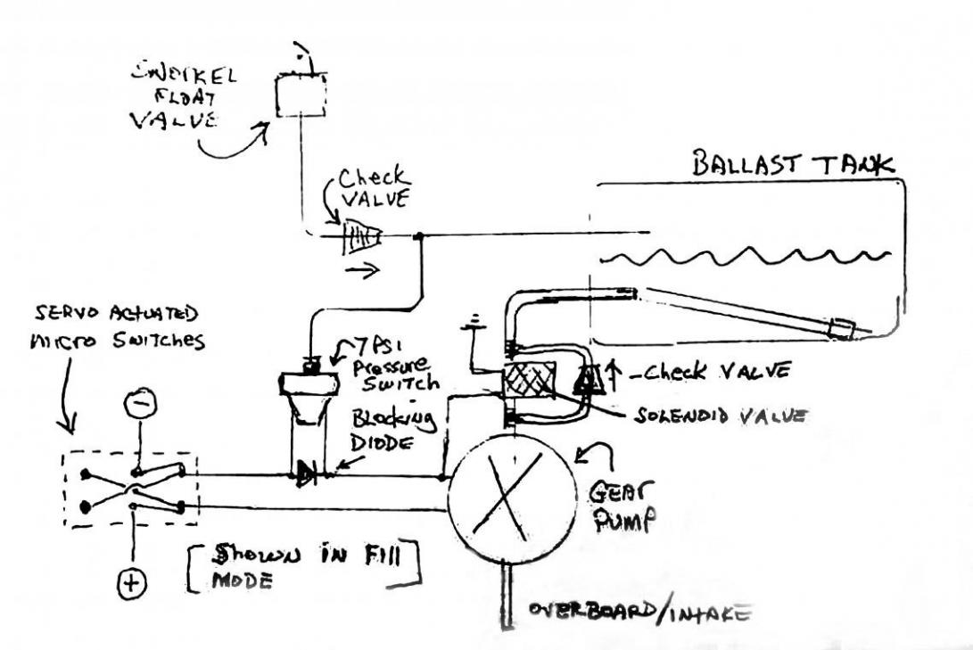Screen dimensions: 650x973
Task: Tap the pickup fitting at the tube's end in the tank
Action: coord(840,330)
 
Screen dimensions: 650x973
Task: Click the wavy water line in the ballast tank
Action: coord(745,257)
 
